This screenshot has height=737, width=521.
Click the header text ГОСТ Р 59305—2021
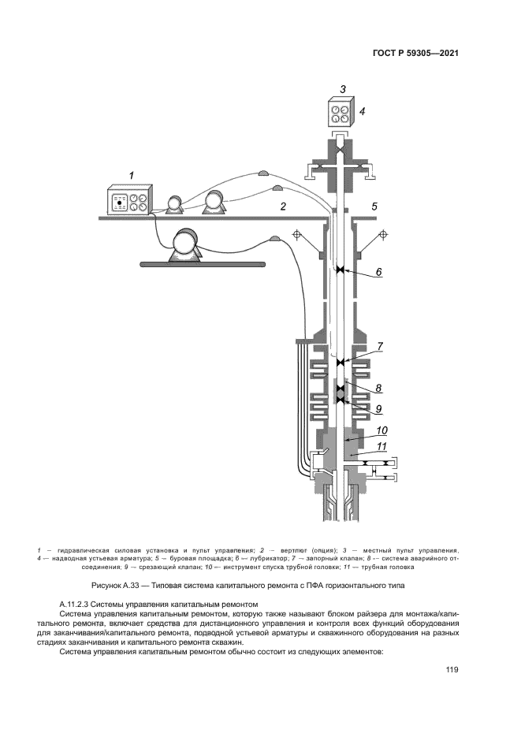415,54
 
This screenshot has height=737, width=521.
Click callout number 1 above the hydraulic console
132,174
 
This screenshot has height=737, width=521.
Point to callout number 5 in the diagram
374,207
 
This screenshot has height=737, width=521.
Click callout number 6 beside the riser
378,272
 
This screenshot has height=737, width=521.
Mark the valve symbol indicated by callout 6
341,270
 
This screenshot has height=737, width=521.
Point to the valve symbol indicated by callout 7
341,363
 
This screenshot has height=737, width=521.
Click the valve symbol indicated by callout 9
341,401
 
